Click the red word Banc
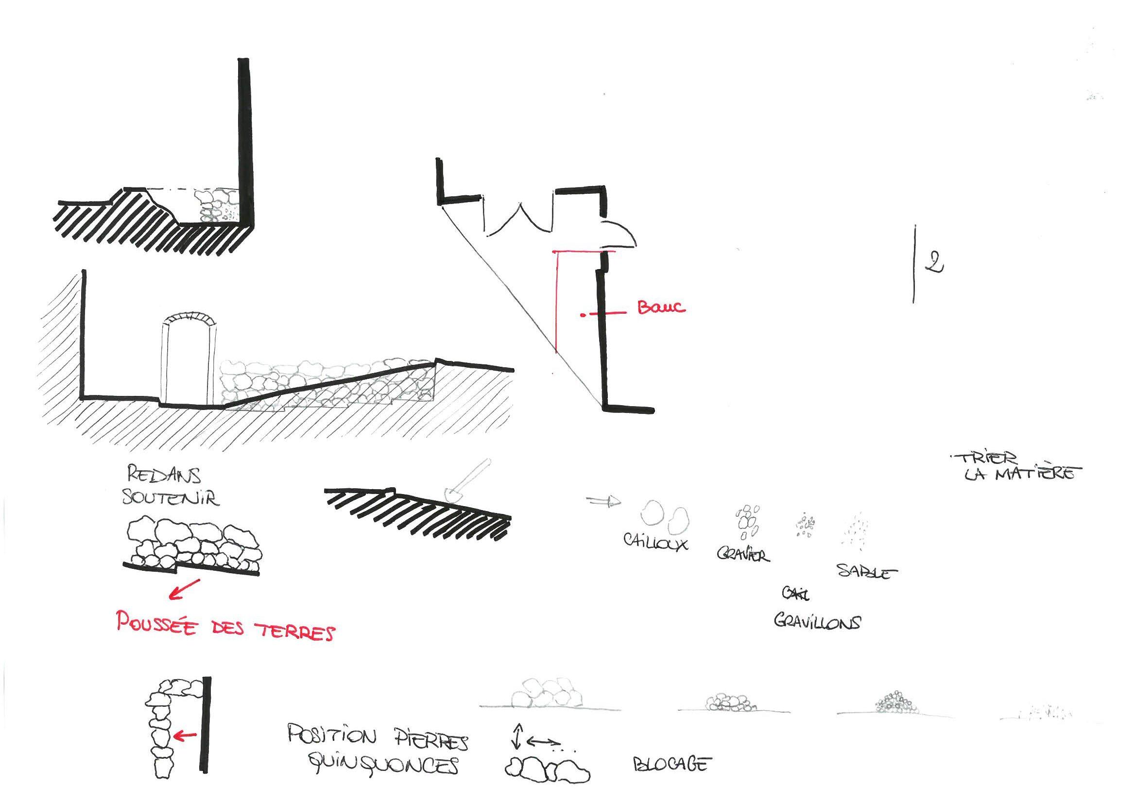pos(661,308)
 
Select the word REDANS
pos(164,475)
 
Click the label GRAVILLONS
pos(817,622)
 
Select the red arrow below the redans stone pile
pos(184,590)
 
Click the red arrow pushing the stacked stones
pos(186,735)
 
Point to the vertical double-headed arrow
pos(517,735)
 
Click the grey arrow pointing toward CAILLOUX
pos(603,502)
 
